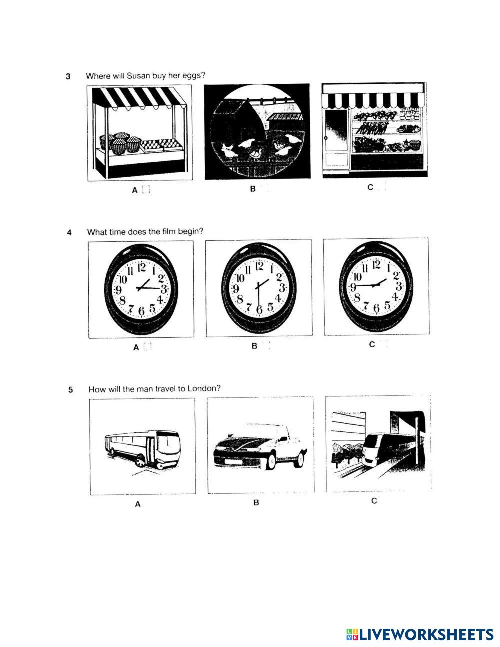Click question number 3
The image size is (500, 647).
tap(68, 77)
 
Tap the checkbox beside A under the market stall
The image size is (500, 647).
tap(146, 190)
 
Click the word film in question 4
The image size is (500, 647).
tap(168, 231)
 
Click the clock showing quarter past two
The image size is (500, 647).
tap(141, 289)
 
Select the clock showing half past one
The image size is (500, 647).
tap(258, 288)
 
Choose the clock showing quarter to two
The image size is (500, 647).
tap(376, 285)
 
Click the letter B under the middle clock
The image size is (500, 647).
tap(254, 346)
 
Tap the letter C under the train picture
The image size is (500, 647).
tap(374, 501)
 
